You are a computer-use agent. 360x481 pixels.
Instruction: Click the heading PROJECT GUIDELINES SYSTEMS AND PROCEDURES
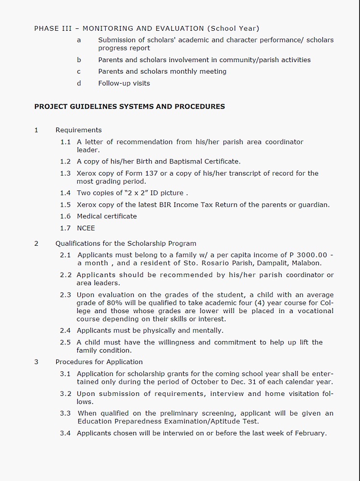(x=129, y=106)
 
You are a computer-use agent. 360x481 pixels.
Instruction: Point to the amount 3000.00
(x=312, y=255)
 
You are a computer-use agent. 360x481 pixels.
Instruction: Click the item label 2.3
(x=65, y=295)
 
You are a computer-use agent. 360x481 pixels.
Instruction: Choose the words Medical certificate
(x=107, y=216)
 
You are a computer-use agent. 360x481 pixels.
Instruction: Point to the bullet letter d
(x=79, y=83)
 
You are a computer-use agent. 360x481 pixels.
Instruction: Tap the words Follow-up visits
(x=124, y=83)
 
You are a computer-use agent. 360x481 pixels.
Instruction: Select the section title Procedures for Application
(x=99, y=362)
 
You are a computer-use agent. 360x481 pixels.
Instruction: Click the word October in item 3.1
(x=205, y=382)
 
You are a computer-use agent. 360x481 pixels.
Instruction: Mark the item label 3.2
(x=65, y=393)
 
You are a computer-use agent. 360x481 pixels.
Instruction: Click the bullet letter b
(x=79, y=60)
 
